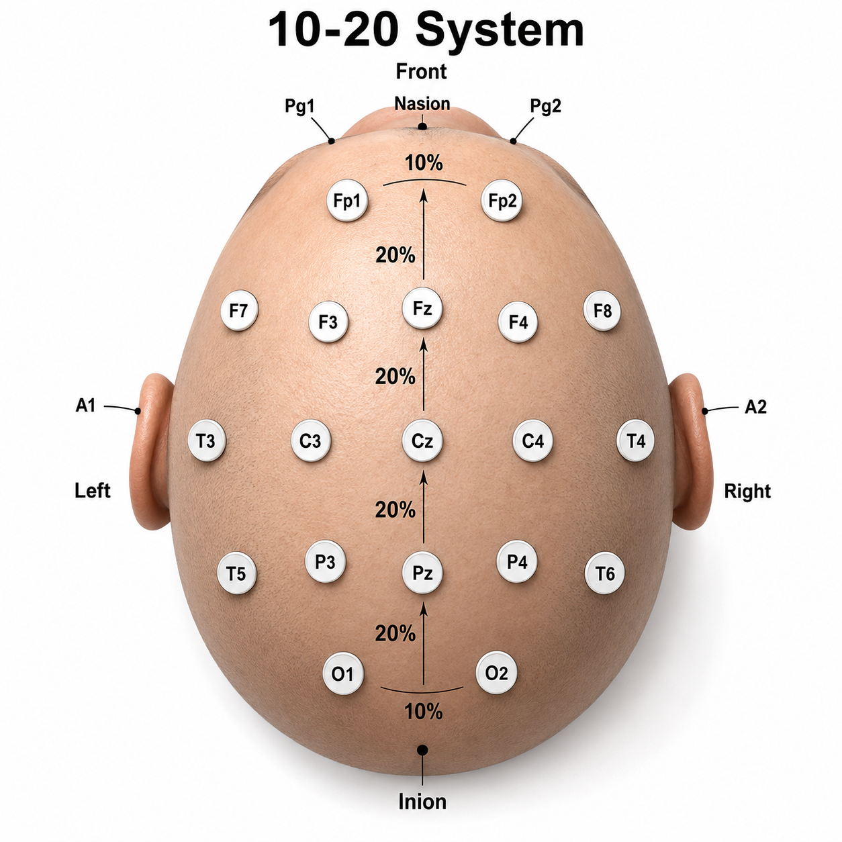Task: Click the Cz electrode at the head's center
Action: pyautogui.click(x=422, y=441)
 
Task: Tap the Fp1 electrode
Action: pyautogui.click(x=347, y=200)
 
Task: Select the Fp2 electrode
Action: pyautogui.click(x=502, y=200)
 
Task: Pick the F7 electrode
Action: pyautogui.click(x=239, y=310)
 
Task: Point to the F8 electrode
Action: pyautogui.click(x=602, y=310)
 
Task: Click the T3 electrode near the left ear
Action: pyautogui.click(x=206, y=440)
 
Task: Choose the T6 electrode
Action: pyautogui.click(x=605, y=573)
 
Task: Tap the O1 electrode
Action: pyautogui.click(x=343, y=673)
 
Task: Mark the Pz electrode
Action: pyautogui.click(x=422, y=573)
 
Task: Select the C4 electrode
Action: pyautogui.click(x=532, y=440)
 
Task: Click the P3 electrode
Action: pyautogui.click(x=325, y=562)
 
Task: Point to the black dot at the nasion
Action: pyautogui.click(x=422, y=127)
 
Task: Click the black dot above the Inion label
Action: pyautogui.click(x=422, y=750)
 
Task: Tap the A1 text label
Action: pyautogui.click(x=85, y=406)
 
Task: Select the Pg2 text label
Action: pyautogui.click(x=545, y=106)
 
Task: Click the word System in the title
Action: pyautogui.click(x=500, y=31)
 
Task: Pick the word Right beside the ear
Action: pyautogui.click(x=747, y=491)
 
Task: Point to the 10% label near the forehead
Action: pyautogui.click(x=424, y=163)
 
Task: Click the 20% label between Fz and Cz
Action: pyautogui.click(x=395, y=376)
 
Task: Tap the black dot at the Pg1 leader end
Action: pyautogui.click(x=332, y=141)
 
